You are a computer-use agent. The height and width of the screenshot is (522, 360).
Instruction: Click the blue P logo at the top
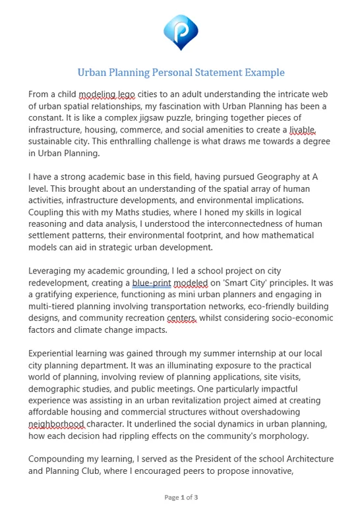click(x=180, y=32)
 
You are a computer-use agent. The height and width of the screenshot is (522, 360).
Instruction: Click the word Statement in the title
click(x=214, y=72)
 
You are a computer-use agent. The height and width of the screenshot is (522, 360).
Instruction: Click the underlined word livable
click(x=303, y=130)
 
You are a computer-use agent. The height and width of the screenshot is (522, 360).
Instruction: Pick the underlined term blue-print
click(x=151, y=283)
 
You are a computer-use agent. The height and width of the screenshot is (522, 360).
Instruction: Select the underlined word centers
click(x=181, y=319)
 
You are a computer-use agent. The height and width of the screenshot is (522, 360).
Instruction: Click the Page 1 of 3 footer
click(x=181, y=497)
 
